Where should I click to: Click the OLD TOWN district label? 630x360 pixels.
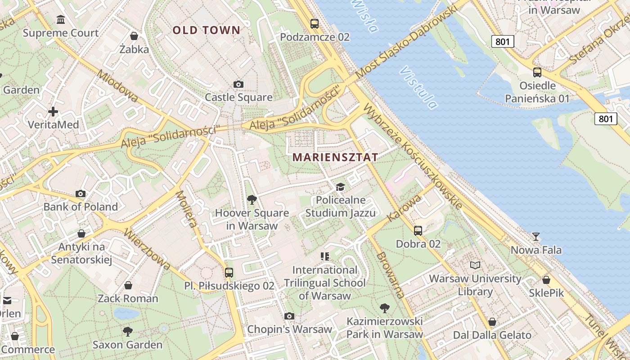tap(207, 30)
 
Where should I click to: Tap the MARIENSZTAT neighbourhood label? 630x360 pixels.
tap(335, 157)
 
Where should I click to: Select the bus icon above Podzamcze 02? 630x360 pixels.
tap(315, 24)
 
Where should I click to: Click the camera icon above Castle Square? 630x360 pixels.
tap(238, 84)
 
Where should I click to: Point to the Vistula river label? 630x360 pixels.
tap(418, 88)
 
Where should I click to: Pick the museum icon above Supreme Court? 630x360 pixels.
tap(61, 19)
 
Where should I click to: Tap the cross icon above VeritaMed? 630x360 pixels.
tap(53, 111)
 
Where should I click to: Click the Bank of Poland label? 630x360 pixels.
tap(81, 207)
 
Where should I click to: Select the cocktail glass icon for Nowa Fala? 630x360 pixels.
tap(536, 236)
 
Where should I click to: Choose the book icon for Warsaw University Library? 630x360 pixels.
tap(475, 265)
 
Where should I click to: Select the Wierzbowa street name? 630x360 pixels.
tap(147, 249)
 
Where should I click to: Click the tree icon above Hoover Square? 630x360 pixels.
tap(252, 199)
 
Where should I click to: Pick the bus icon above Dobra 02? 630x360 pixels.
tap(418, 231)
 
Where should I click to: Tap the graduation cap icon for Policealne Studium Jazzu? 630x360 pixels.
tap(341, 187)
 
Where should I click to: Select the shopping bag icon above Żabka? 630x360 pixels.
tap(134, 36)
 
